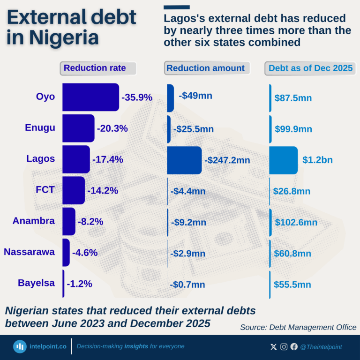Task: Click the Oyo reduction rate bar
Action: pyautogui.click(x=90, y=97)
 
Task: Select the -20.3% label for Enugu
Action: pyautogui.click(x=112, y=128)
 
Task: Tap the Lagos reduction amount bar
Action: pyautogui.click(x=184, y=160)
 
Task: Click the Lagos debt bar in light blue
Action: pyautogui.click(x=283, y=160)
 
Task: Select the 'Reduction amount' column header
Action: pyautogui.click(x=206, y=68)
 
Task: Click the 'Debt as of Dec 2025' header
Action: pyautogui.click(x=310, y=68)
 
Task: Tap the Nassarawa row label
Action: pyautogui.click(x=29, y=252)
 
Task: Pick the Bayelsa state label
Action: pyautogui.click(x=36, y=283)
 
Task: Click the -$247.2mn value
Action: pyautogui.click(x=227, y=160)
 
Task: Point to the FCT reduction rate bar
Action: pyautogui.click(x=74, y=190)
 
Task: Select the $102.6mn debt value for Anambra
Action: pyautogui.click(x=296, y=222)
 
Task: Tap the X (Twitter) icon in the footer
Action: pyautogui.click(x=274, y=347)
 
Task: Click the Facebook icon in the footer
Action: pyautogui.click(x=294, y=347)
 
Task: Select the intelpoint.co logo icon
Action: pyautogui.click(x=20, y=346)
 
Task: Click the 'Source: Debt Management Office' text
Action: pyautogui.click(x=298, y=327)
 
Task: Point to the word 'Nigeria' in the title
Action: pyautogui.click(x=63, y=37)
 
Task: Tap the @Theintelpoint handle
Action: pyautogui.click(x=321, y=347)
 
